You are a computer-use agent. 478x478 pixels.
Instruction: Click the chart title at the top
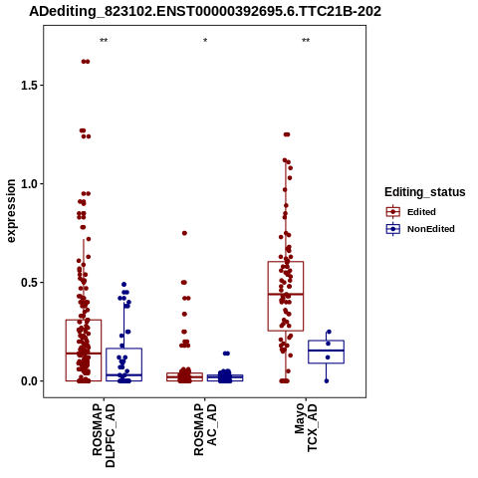pos(205,11)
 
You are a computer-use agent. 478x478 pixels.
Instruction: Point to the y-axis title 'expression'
pos(11,211)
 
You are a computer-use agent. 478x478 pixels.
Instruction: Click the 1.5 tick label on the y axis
pos(28,86)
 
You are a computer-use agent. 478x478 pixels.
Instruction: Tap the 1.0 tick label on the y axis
pos(28,184)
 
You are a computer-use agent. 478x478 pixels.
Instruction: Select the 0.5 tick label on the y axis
pos(28,283)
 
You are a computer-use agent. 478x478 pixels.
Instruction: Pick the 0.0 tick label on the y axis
pos(28,381)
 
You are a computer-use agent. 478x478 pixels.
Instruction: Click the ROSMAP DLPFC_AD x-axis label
pos(104,435)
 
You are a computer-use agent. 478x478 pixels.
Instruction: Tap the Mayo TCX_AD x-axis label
pos(306,427)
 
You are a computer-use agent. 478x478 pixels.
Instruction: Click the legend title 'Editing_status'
pos(425,192)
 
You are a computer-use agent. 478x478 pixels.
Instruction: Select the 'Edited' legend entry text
pos(421,212)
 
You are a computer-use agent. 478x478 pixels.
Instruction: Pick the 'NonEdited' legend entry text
pos(431,229)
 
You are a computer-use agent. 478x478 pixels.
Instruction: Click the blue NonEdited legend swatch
pos(393,229)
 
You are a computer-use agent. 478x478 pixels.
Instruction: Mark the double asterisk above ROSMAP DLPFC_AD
pos(104,41)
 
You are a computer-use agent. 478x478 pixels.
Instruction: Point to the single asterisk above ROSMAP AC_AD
pos(205,41)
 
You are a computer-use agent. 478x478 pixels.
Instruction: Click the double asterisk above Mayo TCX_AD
pos(306,41)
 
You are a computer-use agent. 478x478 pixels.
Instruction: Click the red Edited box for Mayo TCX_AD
pos(286,262)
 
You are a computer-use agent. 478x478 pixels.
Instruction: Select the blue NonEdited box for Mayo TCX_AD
pos(326,351)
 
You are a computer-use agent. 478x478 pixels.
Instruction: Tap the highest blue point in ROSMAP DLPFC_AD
pos(123,285)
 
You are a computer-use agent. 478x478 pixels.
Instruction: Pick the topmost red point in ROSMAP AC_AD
pos(184,233)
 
